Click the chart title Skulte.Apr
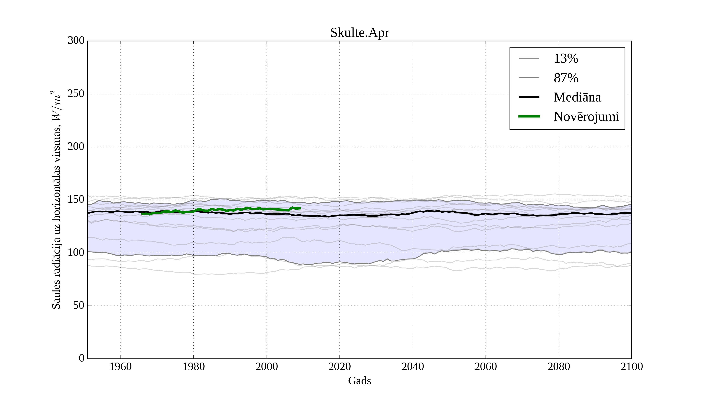coord(359,33)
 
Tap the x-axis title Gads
coord(359,381)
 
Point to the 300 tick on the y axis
coord(76,41)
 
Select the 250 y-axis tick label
coord(76,94)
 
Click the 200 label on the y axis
coord(76,146)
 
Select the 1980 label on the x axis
coord(194,366)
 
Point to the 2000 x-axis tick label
coord(267,366)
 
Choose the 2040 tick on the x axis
coord(413,366)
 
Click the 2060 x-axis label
coord(486,366)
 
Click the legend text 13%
coord(566,59)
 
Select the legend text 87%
coord(566,78)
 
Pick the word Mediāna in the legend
coord(577,97)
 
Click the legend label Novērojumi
coord(586,117)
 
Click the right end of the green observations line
coord(300,208)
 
